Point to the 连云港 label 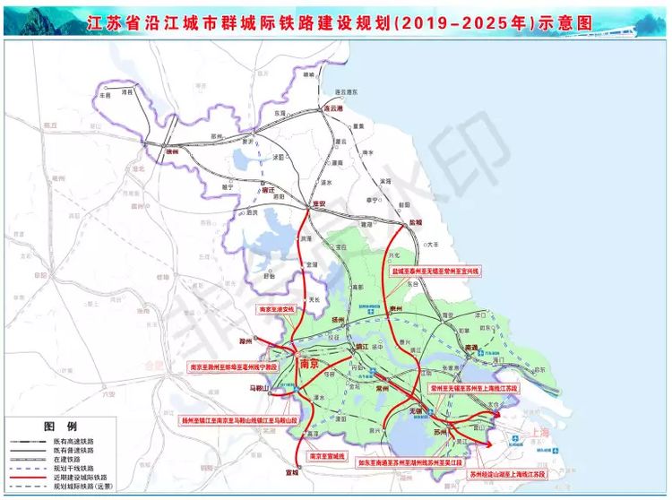coord(333,108)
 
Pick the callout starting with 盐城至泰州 coord(435,269)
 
